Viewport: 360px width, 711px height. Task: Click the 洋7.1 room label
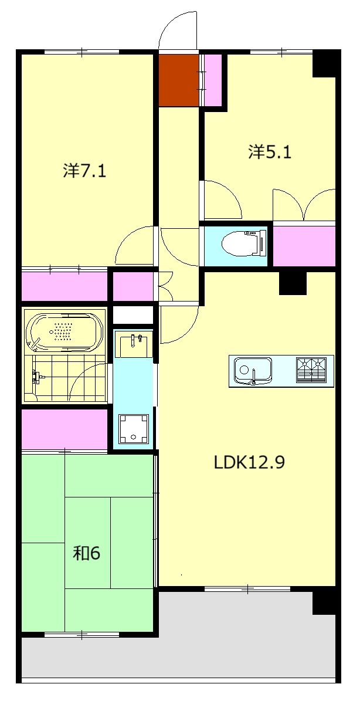pos(84,171)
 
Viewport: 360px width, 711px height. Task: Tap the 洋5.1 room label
pos(270,152)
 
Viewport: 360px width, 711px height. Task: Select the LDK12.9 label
pos(249,462)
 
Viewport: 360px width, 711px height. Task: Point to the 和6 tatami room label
pos(87,554)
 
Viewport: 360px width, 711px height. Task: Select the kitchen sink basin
pos(253,370)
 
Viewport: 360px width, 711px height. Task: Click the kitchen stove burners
pos(311,370)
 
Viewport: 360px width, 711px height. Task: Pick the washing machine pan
pos(134,429)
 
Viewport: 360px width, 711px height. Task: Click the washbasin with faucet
pos(134,344)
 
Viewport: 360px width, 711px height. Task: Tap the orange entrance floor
pos(179,80)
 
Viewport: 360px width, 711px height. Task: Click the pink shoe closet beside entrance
pos(212,80)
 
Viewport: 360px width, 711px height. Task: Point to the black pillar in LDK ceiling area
pos(293,283)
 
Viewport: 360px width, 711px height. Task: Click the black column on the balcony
pos(324,602)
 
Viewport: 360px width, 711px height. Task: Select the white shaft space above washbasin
pos(133,315)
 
